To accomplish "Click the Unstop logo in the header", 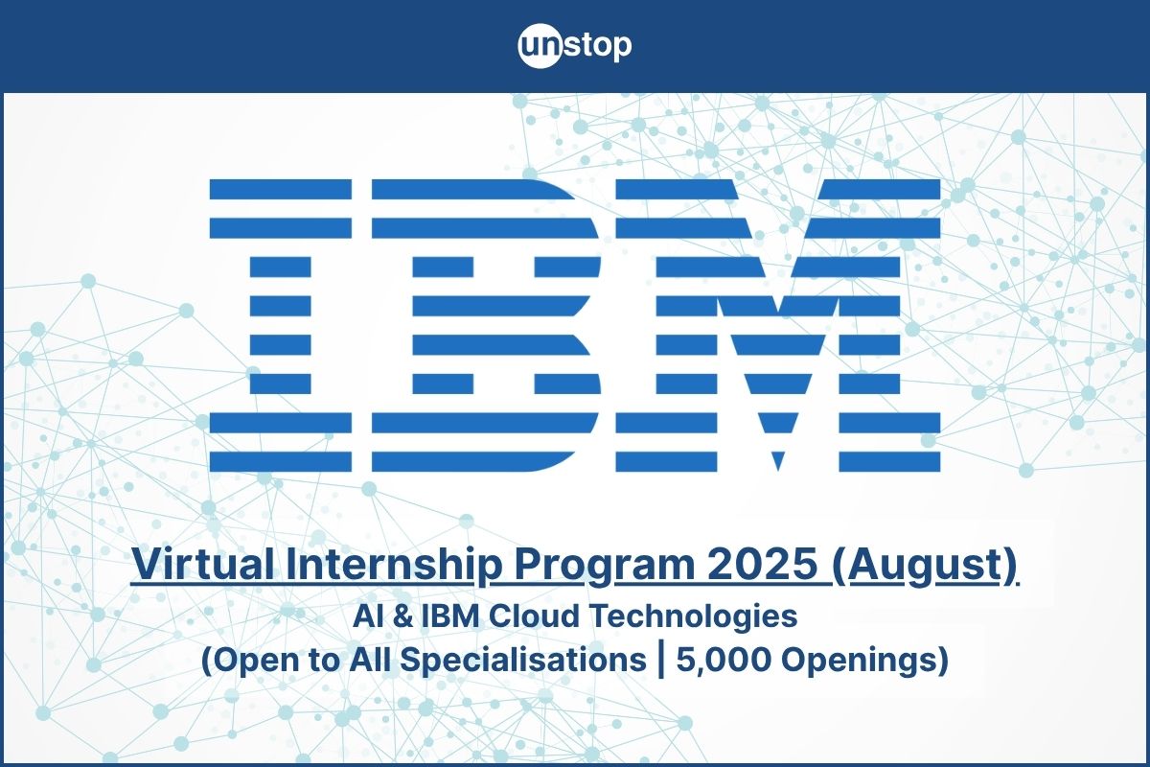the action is tap(574, 46).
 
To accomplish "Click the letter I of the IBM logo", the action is tap(280, 325).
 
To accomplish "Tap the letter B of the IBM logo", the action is tap(486, 325).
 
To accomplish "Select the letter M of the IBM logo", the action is tap(778, 325).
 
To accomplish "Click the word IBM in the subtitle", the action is tap(449, 616).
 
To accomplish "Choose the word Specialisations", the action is tap(522, 662).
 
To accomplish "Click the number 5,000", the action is tap(724, 661).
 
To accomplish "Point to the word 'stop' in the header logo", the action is tap(597, 47).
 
